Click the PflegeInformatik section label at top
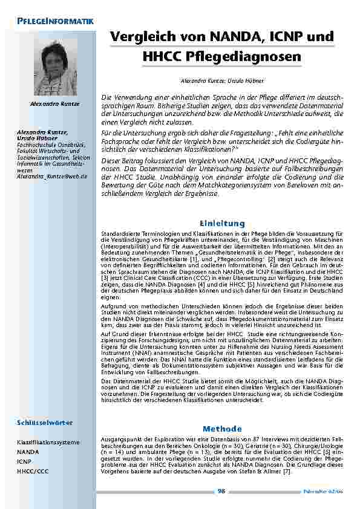52,22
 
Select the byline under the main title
221,80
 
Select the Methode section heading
221,428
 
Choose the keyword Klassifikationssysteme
48,442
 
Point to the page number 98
221,490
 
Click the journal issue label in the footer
320,491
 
